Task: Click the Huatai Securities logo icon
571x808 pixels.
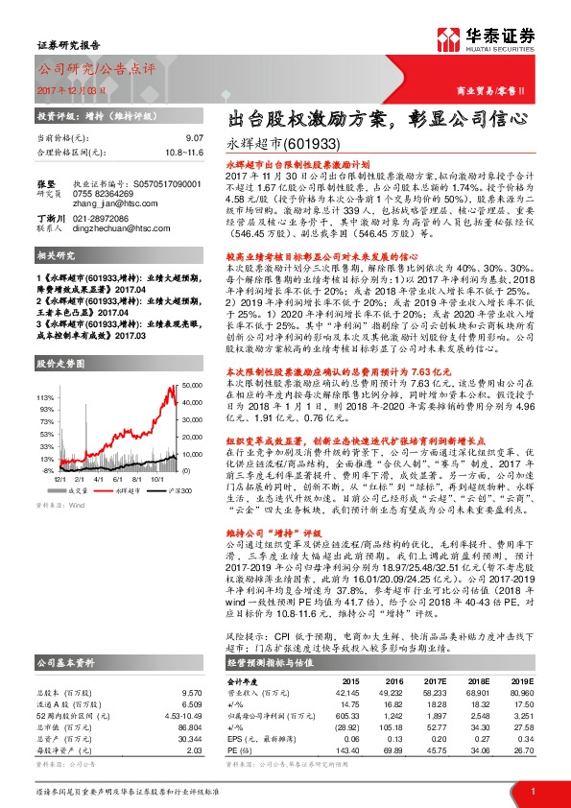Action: coord(449,39)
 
